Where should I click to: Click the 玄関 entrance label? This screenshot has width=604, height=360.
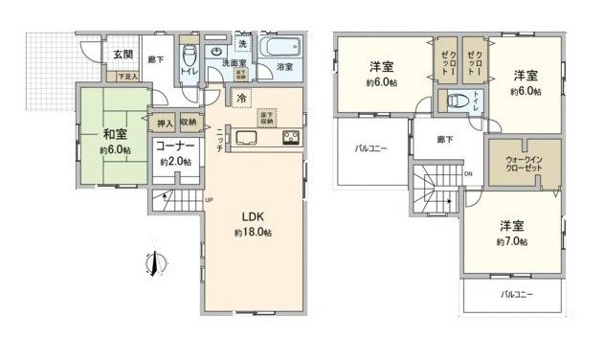[x=123, y=55]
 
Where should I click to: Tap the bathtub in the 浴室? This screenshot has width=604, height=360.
[x=281, y=47]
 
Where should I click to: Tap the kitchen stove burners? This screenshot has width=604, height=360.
[x=290, y=137]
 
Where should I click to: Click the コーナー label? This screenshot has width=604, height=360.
[x=176, y=146]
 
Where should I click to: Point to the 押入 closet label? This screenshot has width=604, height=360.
[x=165, y=123]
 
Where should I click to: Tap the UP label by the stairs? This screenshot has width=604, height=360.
[x=208, y=200]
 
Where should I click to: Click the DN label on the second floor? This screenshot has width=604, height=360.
[x=468, y=173]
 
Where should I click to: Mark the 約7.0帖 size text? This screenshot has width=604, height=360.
[x=510, y=242]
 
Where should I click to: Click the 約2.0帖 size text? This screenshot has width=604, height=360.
[x=176, y=162]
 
